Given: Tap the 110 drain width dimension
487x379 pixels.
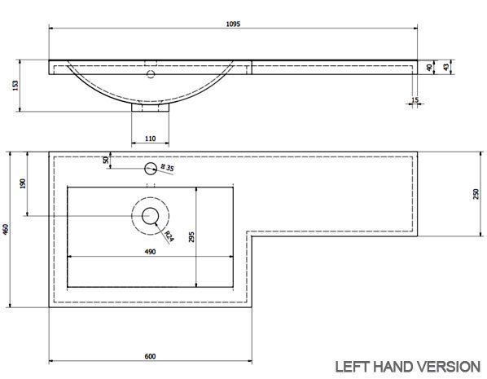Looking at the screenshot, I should (150, 139).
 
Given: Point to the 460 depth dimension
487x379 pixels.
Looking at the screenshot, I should (7, 230).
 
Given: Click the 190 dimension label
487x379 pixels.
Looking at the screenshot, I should (24, 184).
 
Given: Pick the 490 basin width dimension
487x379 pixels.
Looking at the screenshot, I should (150, 252).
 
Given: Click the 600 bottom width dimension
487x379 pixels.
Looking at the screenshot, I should (150, 356).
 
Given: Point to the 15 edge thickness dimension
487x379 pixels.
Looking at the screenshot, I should (416, 100).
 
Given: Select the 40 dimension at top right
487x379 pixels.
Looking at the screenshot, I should (429, 68).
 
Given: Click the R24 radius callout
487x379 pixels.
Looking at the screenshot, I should (169, 236).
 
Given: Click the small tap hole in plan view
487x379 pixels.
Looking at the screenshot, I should (150, 169).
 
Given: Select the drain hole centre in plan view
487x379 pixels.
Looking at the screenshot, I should (150, 216).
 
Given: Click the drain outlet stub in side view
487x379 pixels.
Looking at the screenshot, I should (150, 106).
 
